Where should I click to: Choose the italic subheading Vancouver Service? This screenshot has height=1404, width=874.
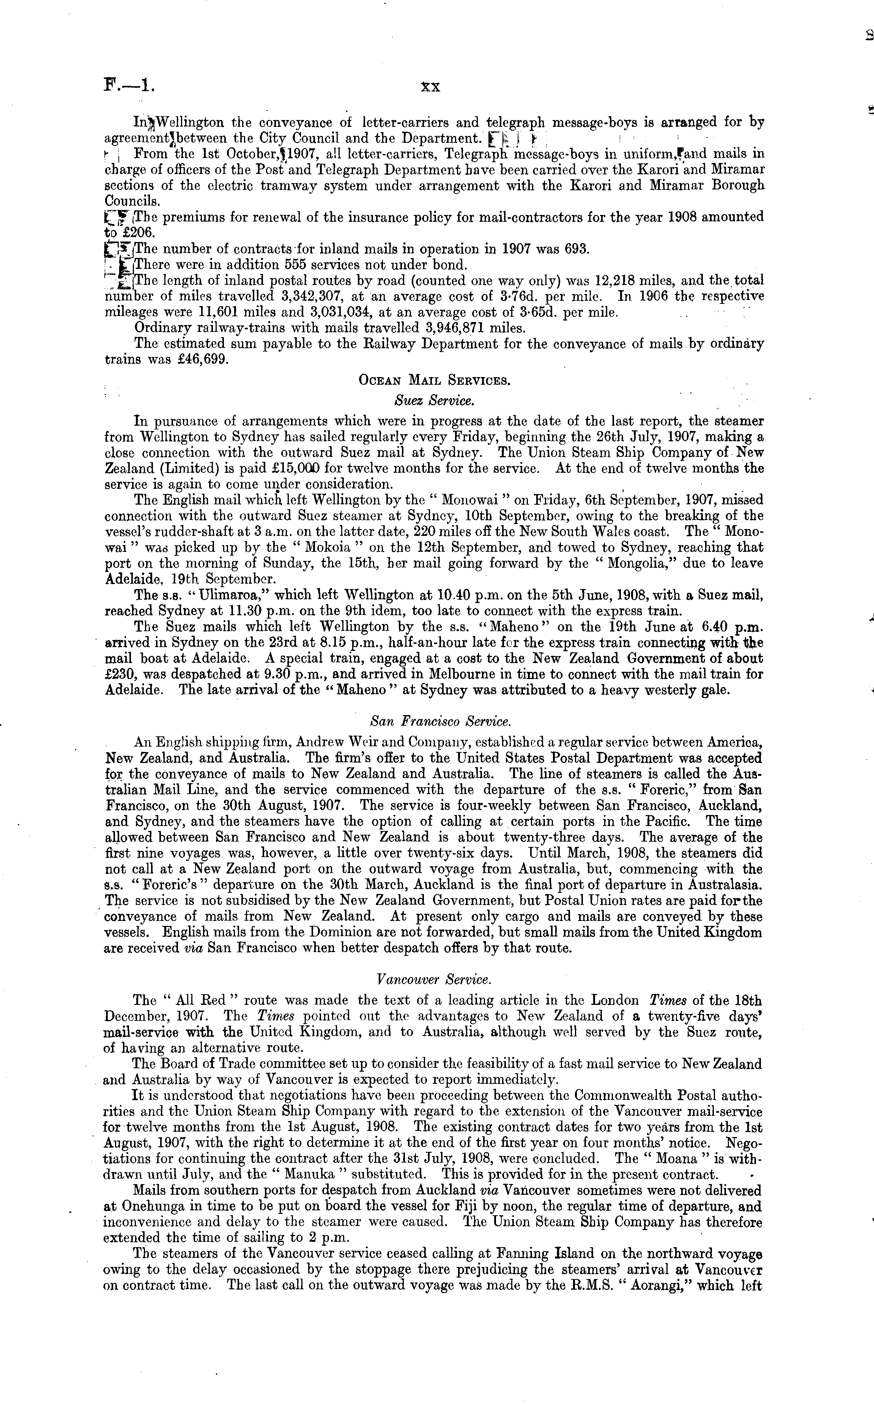pyautogui.click(x=433, y=979)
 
